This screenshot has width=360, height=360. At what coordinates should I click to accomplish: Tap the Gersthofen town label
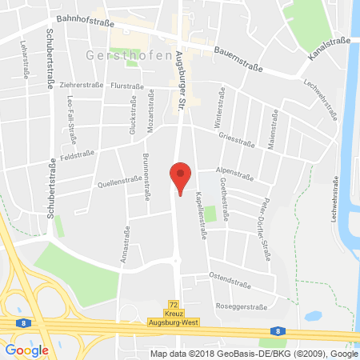tap(117, 55)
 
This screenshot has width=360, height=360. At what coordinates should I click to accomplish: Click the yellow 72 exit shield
tap(173, 304)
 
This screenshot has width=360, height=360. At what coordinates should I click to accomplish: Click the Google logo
tap(26, 350)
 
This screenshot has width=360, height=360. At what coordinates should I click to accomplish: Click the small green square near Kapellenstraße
tap(210, 214)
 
